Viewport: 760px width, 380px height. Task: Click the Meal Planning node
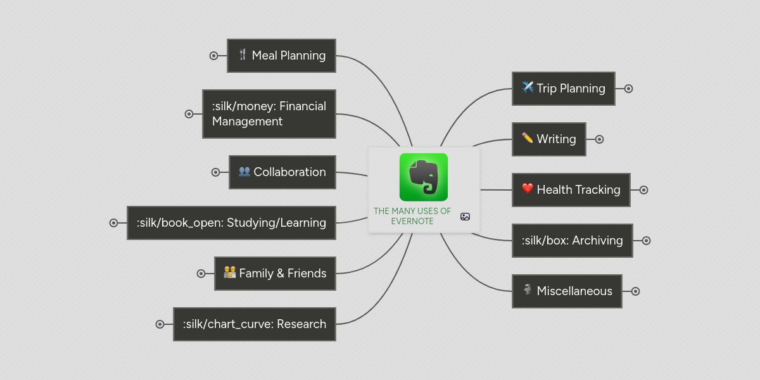coord(281,56)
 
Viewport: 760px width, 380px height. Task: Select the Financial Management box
coord(269,114)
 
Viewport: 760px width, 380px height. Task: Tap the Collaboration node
coord(282,172)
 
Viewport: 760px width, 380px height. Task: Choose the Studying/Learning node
coord(231,223)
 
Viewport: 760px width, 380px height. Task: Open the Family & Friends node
coord(275,274)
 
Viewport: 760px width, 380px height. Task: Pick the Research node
coord(254,324)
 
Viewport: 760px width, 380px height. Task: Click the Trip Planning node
coord(563,89)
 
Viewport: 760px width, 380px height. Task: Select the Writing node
coord(548,139)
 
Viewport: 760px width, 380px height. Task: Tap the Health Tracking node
coord(571,190)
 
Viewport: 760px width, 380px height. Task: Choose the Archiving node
coord(572,241)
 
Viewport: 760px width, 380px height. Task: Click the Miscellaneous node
coord(567,291)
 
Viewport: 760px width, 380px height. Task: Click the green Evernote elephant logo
coord(424,177)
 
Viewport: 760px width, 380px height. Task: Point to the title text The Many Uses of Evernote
coord(412,216)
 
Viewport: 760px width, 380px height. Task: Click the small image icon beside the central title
coord(465,217)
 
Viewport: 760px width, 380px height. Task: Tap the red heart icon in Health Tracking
coord(528,189)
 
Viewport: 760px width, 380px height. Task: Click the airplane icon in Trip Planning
coord(528,87)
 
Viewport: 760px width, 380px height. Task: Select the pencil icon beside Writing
coord(528,138)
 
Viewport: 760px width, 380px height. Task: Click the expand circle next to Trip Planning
coord(628,89)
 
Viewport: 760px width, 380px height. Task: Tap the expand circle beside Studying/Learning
coord(114,223)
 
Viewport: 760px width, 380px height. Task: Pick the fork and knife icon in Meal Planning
coord(243,54)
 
